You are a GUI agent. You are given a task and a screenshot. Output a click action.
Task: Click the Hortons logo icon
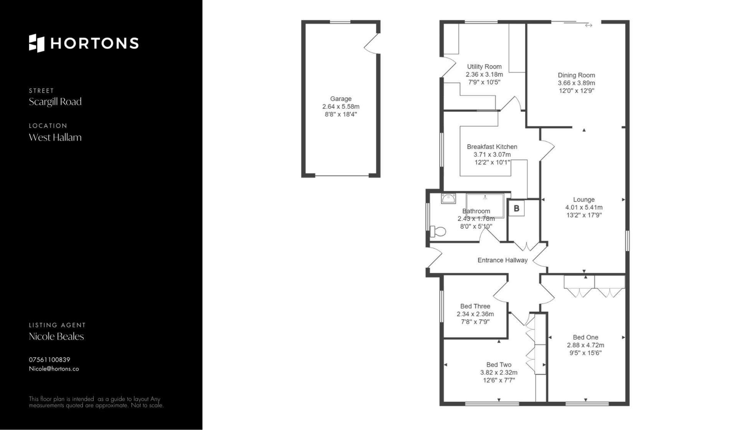tap(36, 43)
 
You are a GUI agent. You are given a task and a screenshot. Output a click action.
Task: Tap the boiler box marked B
tap(517, 208)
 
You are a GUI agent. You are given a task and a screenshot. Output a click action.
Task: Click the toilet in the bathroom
tap(438, 231)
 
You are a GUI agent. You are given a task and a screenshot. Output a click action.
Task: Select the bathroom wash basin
tap(448, 198)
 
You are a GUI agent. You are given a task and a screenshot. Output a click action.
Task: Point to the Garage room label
tap(341, 99)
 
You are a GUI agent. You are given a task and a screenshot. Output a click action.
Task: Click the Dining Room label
tap(576, 75)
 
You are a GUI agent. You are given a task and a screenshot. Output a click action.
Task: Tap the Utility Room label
tap(484, 66)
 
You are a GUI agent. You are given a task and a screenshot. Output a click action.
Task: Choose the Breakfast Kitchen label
tap(492, 147)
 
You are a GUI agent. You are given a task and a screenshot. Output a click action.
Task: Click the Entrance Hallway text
tap(502, 260)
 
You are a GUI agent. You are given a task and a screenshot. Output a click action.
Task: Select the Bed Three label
tap(475, 306)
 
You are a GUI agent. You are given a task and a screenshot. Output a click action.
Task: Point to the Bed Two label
tap(499, 365)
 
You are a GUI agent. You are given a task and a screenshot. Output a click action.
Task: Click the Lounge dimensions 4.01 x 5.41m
tap(584, 208)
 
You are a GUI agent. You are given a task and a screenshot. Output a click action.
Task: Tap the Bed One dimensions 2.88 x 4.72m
tap(585, 345)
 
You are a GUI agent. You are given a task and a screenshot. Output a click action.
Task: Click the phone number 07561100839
tap(50, 360)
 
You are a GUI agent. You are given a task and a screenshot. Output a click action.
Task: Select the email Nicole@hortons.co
tap(54, 369)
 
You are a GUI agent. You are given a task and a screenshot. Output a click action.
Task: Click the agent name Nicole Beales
tap(56, 337)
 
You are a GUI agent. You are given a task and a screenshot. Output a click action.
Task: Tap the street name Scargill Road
tap(55, 102)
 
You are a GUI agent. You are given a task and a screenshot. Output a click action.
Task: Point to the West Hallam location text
tap(55, 137)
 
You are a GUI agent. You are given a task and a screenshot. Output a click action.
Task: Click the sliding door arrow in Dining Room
tap(589, 25)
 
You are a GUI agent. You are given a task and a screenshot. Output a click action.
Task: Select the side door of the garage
tap(371, 43)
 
